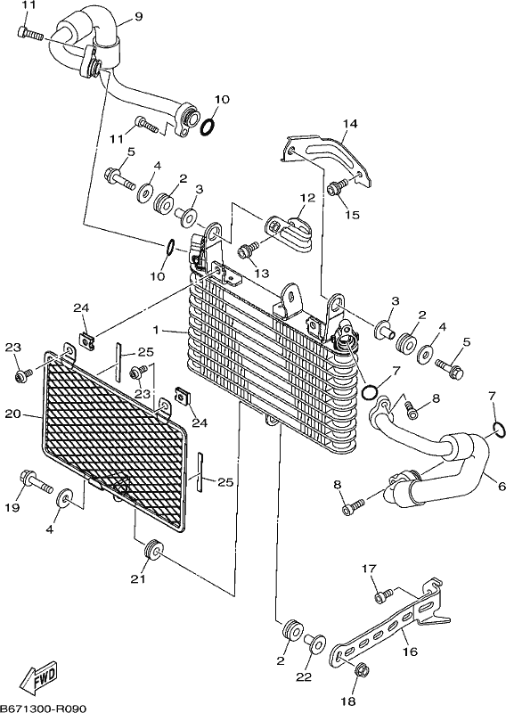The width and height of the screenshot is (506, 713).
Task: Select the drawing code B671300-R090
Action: [43, 708]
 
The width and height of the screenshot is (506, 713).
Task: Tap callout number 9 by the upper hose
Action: [139, 17]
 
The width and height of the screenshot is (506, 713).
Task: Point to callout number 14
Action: [350, 123]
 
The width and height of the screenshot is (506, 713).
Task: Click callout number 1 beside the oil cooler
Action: [157, 330]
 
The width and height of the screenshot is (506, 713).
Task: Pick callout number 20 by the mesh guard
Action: [12, 414]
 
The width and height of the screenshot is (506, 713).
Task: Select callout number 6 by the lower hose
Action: [502, 487]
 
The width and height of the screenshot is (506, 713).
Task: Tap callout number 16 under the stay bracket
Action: [410, 652]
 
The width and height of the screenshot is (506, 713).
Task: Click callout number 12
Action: [307, 198]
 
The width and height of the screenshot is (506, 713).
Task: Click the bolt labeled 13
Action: [249, 249]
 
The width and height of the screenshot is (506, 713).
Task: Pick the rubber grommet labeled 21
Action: [152, 549]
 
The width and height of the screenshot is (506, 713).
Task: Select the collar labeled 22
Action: [314, 643]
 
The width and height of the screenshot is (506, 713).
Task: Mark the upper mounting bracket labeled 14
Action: [327, 160]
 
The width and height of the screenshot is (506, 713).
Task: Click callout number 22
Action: [304, 677]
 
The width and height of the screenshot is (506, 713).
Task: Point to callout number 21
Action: [138, 578]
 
